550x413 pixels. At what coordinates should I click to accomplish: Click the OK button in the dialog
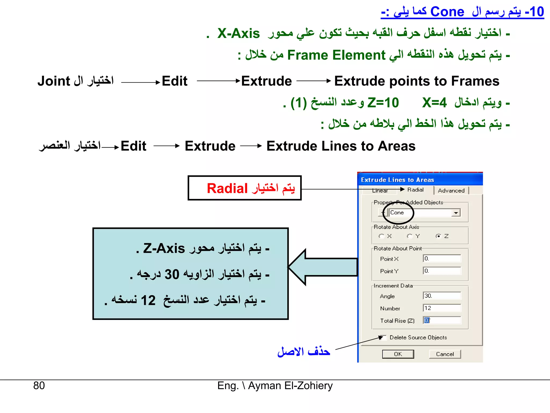(x=398, y=354)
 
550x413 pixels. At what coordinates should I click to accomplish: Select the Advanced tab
(x=451, y=191)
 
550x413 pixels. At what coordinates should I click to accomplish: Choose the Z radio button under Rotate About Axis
(x=438, y=236)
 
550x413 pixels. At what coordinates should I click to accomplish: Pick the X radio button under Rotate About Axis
(x=381, y=236)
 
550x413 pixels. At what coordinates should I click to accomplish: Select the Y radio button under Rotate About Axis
(x=410, y=236)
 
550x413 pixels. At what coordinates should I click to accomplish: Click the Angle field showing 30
(x=442, y=296)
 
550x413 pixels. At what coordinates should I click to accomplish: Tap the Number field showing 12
(x=442, y=308)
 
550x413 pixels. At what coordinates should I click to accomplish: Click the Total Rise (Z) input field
(x=442, y=321)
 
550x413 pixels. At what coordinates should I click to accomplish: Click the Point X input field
(x=442, y=259)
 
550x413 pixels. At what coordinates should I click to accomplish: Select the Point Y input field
(x=442, y=271)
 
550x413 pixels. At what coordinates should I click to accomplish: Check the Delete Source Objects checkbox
(x=383, y=337)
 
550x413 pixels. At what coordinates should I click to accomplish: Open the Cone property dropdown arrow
(x=456, y=213)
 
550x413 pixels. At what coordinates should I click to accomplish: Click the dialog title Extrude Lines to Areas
(x=397, y=180)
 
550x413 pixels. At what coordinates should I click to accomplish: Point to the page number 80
(x=39, y=386)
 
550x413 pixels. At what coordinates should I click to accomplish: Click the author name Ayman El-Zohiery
(x=290, y=386)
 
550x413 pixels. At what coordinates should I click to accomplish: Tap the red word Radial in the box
(x=227, y=188)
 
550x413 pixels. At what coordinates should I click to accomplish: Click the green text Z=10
(x=383, y=103)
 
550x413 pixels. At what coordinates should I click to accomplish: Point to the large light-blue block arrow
(x=322, y=267)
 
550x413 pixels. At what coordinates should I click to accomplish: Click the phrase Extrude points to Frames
(x=417, y=81)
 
